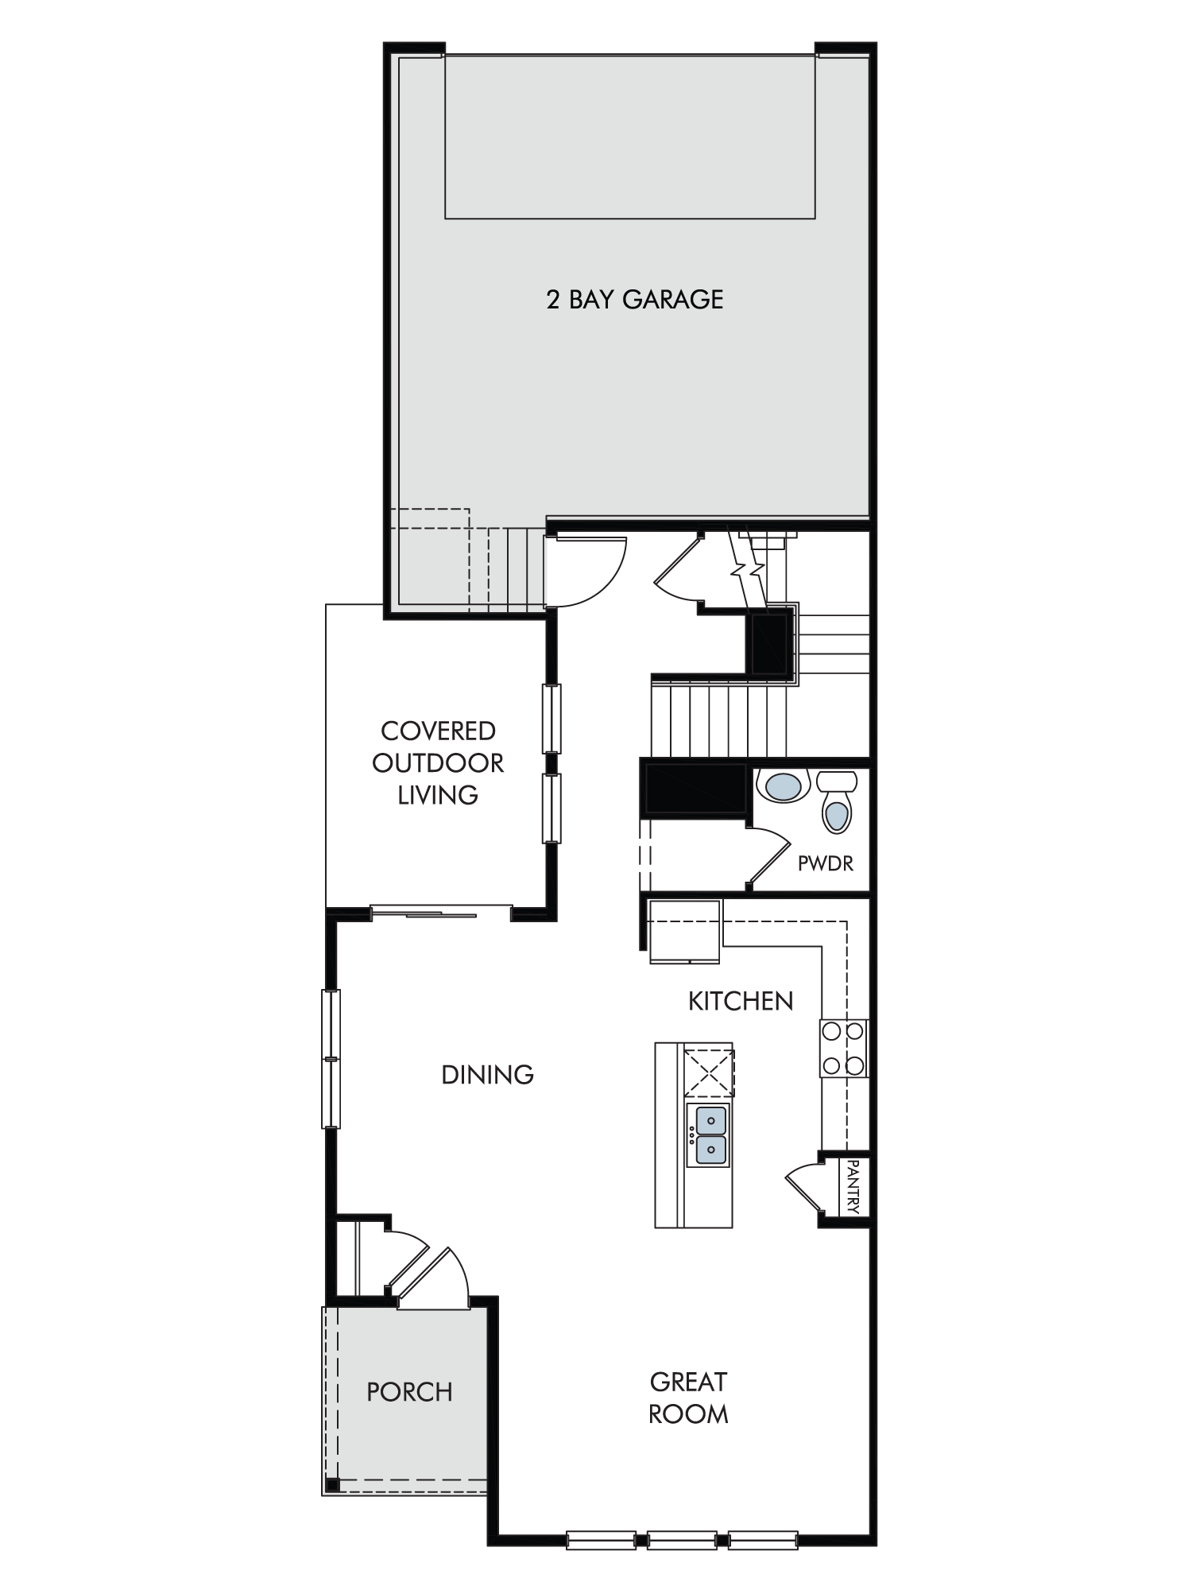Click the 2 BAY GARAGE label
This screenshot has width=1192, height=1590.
(634, 300)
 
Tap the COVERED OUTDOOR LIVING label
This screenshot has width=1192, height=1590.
(438, 762)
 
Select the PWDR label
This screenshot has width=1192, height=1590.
(826, 863)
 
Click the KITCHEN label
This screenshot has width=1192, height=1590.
(741, 1001)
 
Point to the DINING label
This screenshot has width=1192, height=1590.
(487, 1075)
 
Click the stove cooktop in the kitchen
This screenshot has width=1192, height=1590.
(843, 1049)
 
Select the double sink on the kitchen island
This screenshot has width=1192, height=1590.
(708, 1134)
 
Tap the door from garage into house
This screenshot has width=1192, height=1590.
(588, 571)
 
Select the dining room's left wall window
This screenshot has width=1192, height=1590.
(331, 1058)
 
